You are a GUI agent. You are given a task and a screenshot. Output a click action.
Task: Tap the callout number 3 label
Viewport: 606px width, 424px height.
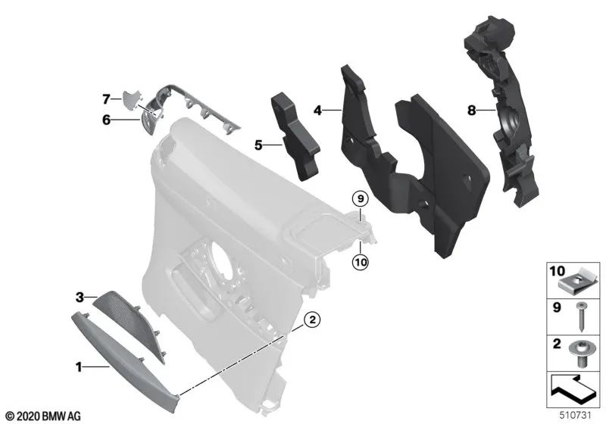click(x=79, y=297)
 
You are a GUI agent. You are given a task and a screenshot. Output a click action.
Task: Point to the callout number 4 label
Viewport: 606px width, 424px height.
click(x=319, y=111)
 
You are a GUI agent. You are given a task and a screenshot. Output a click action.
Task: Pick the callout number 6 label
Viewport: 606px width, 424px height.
click(x=107, y=120)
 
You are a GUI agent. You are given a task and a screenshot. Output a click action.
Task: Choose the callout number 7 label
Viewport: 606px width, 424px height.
click(x=107, y=98)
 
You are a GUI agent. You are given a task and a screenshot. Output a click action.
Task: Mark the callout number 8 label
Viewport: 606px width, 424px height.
click(x=470, y=111)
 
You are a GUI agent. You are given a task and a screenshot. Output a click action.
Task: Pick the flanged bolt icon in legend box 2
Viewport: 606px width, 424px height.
click(x=579, y=354)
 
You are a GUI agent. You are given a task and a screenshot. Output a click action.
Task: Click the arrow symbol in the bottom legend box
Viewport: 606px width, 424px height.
click(x=573, y=391)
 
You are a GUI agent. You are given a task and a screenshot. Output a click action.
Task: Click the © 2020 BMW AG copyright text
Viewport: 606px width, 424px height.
click(x=42, y=416)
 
